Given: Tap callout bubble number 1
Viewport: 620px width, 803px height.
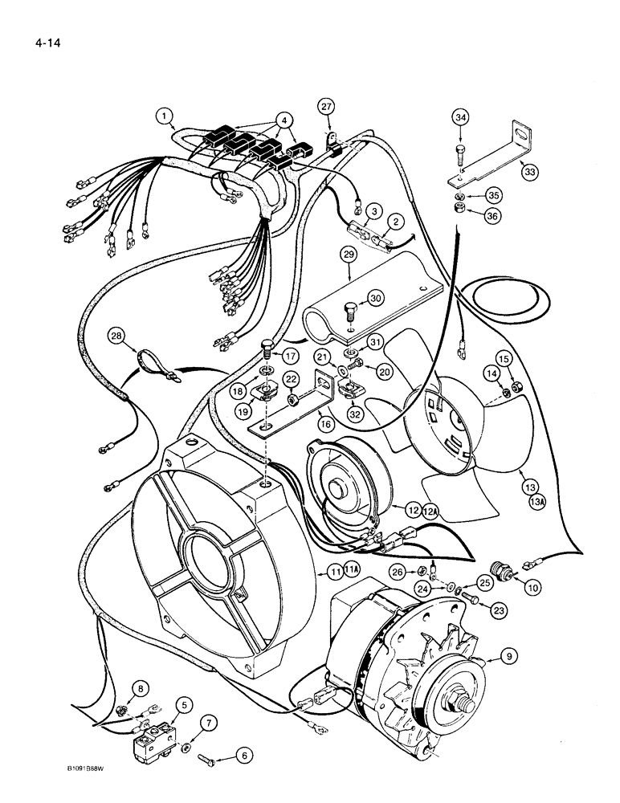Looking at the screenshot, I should point(165,116).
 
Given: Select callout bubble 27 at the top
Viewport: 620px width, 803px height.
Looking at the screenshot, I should point(324,107).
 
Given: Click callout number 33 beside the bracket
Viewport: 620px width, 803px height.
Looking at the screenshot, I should point(528,171).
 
